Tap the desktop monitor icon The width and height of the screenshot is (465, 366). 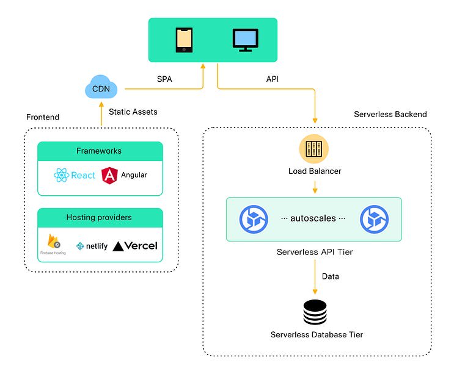pyautogui.click(x=245, y=39)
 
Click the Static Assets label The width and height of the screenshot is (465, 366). pyautogui.click(x=133, y=112)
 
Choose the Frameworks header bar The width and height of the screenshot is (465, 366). pyautogui.click(x=100, y=151)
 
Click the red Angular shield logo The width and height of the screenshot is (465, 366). pyautogui.click(x=110, y=175)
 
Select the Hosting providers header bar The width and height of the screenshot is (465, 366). pyautogui.click(x=100, y=217)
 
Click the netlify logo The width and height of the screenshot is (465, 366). pyautogui.click(x=92, y=246)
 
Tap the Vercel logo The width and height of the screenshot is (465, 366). pyautogui.click(x=135, y=246)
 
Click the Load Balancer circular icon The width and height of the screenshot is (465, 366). pyautogui.click(x=315, y=150)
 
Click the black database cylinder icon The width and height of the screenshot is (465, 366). pyautogui.click(x=315, y=312)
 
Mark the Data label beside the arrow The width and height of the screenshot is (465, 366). pyautogui.click(x=331, y=276)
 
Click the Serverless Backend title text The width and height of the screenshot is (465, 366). pyautogui.click(x=390, y=114)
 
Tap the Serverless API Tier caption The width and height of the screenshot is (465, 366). pyautogui.click(x=315, y=251)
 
